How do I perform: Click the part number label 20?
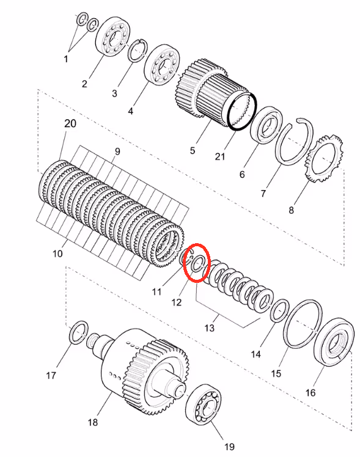(70, 123)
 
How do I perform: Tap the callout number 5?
(193, 151)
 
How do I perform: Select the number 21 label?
(220, 156)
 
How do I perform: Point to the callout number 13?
(209, 328)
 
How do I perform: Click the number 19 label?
(229, 446)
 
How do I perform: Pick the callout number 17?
(51, 375)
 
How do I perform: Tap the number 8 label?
(291, 210)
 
